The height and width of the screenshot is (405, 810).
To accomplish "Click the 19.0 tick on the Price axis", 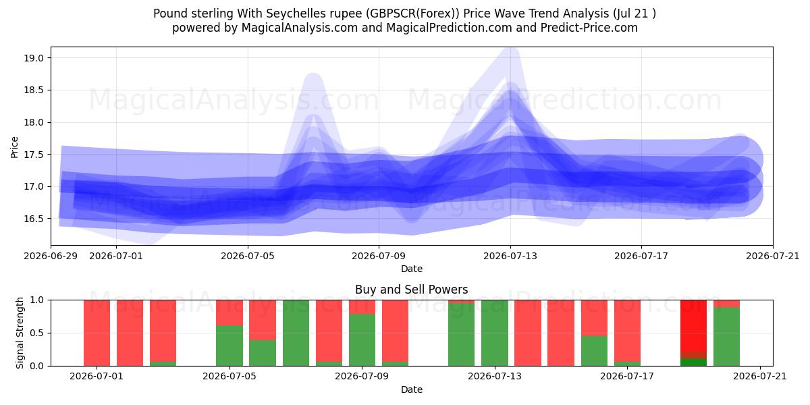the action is pyautogui.click(x=34, y=58).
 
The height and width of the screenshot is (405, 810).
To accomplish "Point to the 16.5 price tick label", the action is pyautogui.click(x=34, y=219).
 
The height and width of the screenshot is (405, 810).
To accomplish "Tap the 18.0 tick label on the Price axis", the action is pyautogui.click(x=34, y=122).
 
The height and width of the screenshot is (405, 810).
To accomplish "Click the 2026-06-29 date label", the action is pyautogui.click(x=51, y=256).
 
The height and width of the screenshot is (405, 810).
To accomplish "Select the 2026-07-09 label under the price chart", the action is pyautogui.click(x=379, y=256).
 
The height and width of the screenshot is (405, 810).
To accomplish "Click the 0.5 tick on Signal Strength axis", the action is pyautogui.click(x=37, y=333).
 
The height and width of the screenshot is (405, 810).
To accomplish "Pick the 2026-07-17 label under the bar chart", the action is pyautogui.click(x=627, y=376).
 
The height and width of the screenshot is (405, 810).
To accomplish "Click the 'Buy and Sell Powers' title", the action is pyautogui.click(x=412, y=290).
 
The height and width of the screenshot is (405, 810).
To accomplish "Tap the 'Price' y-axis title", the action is pyautogui.click(x=14, y=147).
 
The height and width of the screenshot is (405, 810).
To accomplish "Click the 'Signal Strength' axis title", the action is pyautogui.click(x=20, y=333).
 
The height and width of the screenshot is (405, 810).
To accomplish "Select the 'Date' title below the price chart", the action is pyautogui.click(x=412, y=269).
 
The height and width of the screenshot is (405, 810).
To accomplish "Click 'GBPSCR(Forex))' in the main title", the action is pyautogui.click(x=412, y=13).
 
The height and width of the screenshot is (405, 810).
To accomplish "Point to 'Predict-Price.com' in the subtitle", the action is pyautogui.click(x=589, y=28).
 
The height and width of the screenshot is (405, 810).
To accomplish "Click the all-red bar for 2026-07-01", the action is pyautogui.click(x=97, y=333).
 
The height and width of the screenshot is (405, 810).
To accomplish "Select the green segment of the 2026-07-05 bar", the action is pyautogui.click(x=230, y=346).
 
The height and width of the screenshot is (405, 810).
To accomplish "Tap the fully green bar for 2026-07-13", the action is pyautogui.click(x=495, y=333).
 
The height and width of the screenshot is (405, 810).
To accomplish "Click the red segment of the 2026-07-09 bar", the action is pyautogui.click(x=362, y=306).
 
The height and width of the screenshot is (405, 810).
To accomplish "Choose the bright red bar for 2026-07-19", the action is pyautogui.click(x=694, y=325).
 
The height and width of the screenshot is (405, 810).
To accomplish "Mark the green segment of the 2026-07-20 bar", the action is pyautogui.click(x=726, y=336).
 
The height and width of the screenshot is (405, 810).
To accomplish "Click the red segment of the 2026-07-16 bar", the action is pyautogui.click(x=594, y=318).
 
